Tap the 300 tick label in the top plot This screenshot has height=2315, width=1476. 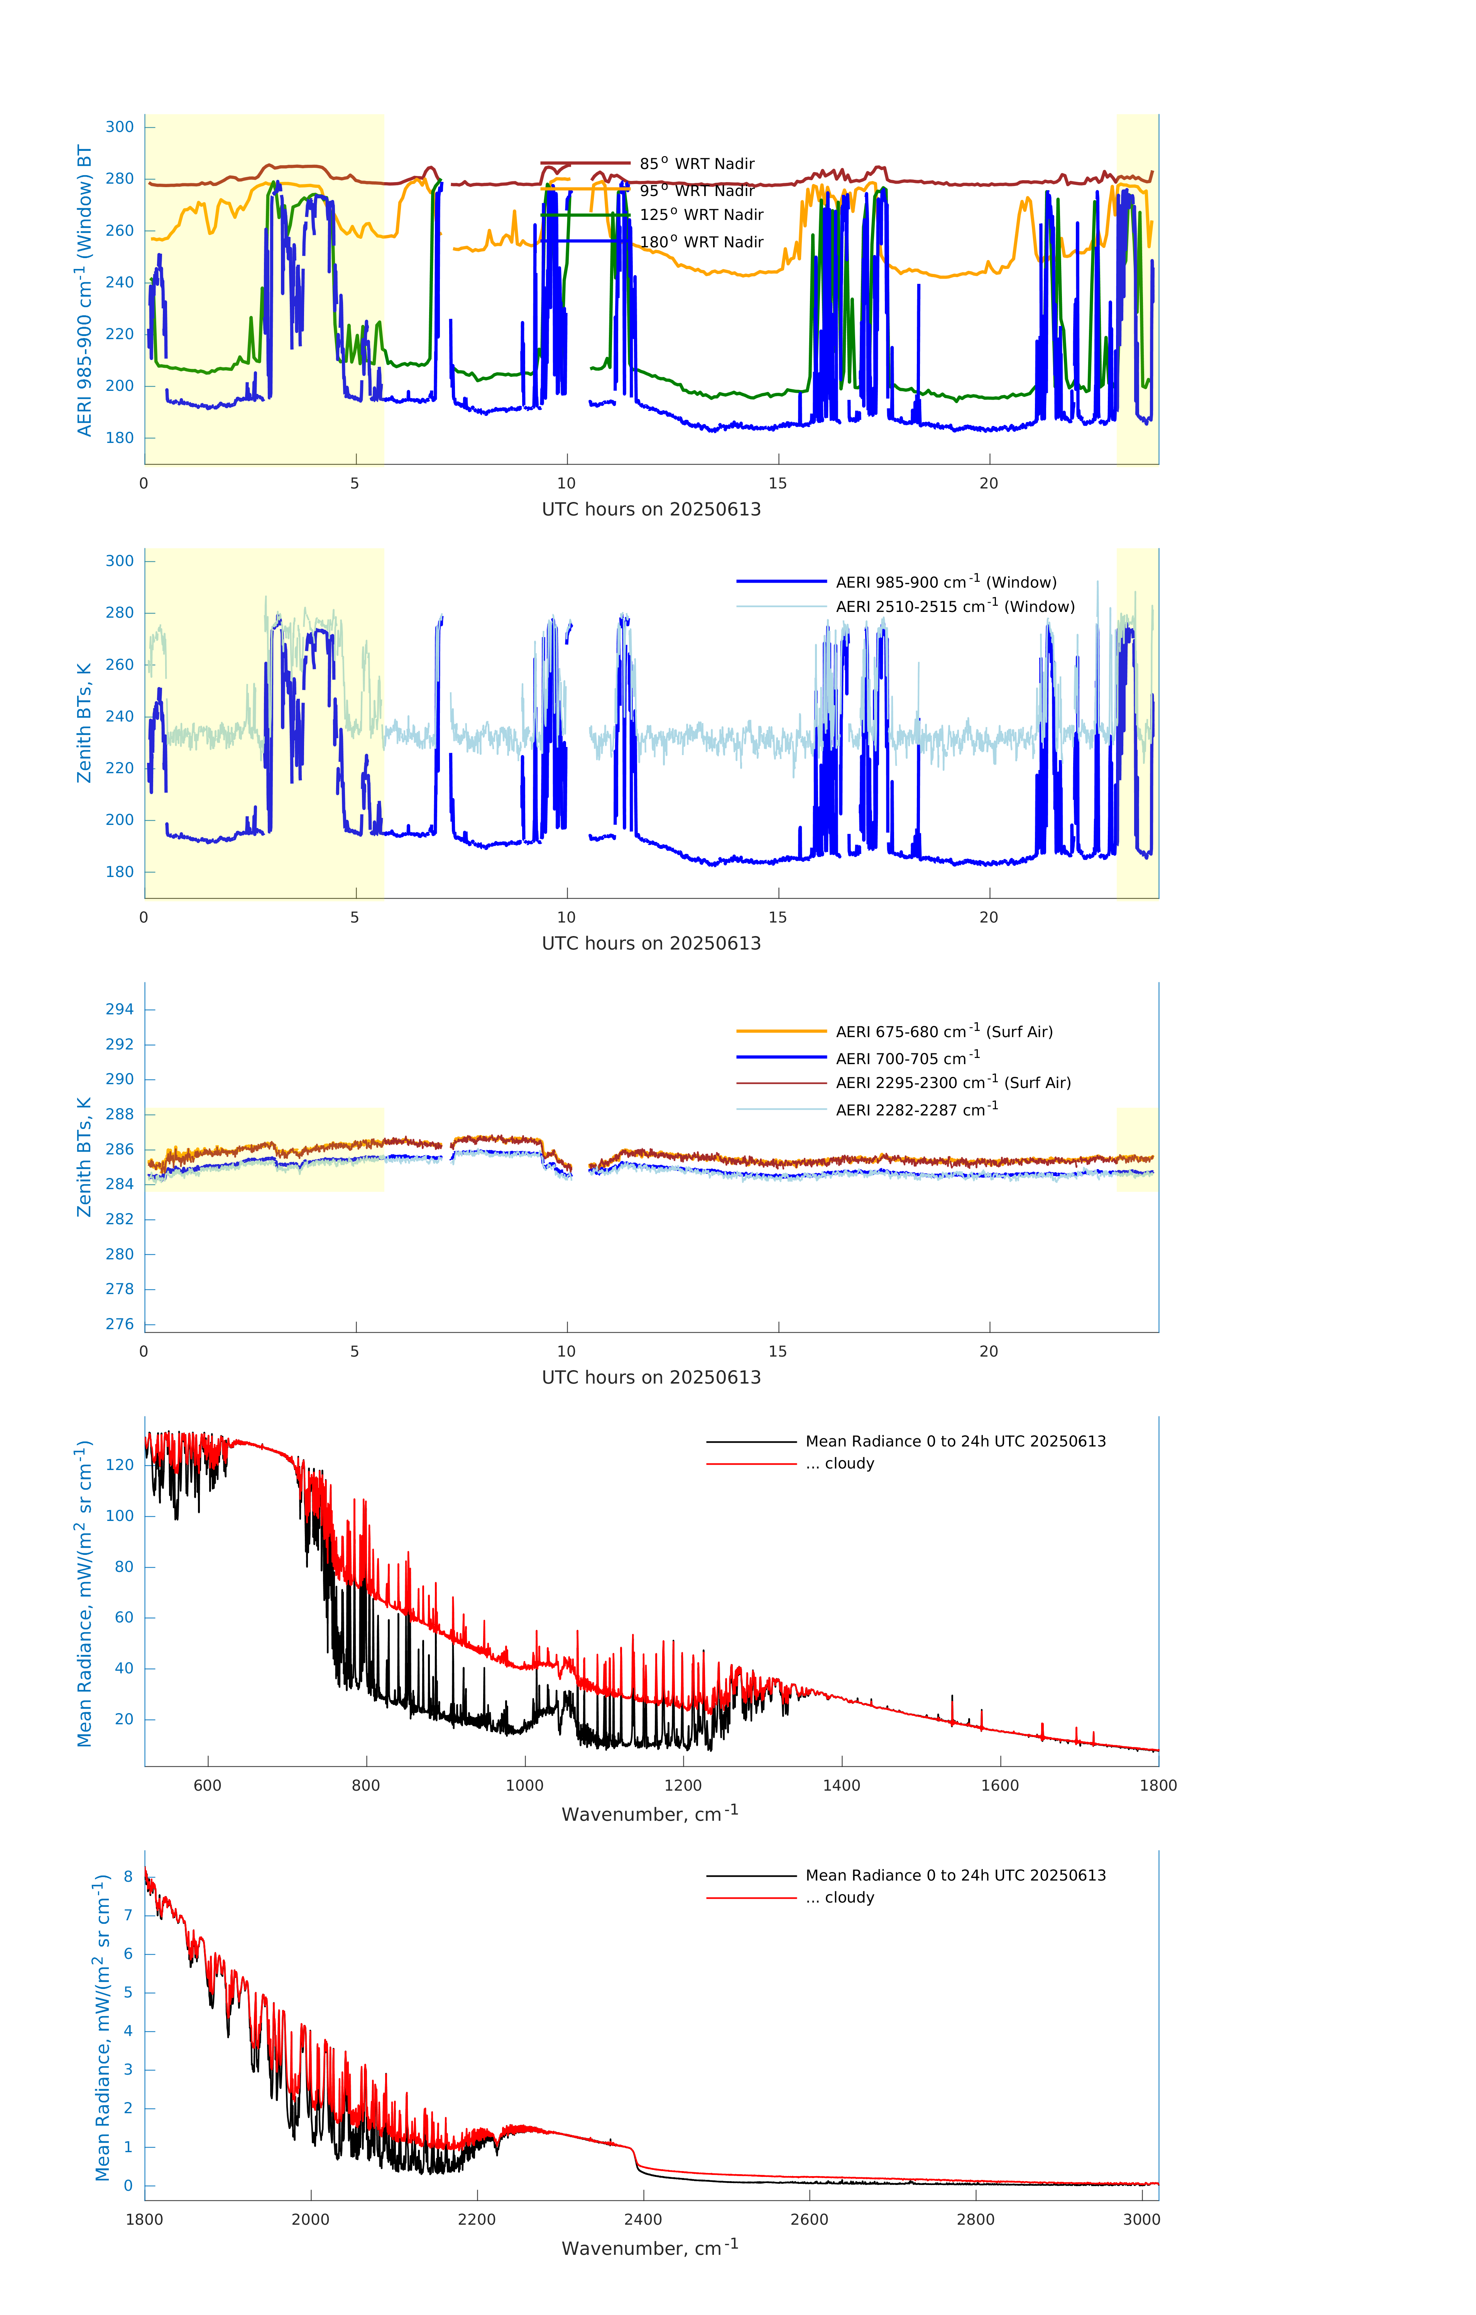pyautogui.click(x=120, y=127)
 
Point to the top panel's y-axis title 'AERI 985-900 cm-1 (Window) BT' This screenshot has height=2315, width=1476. pyautogui.click(x=85, y=290)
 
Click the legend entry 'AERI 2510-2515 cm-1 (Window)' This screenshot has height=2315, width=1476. pyautogui.click(x=955, y=607)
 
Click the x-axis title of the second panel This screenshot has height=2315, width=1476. pyautogui.click(x=651, y=943)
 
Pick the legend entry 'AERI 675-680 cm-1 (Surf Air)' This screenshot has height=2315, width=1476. pyautogui.click(x=943, y=1032)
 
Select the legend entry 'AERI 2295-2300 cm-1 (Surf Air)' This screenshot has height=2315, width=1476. pyautogui.click(x=953, y=1083)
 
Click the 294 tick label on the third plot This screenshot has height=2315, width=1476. pyautogui.click(x=120, y=1009)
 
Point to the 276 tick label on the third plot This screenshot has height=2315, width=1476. pyautogui.click(x=120, y=1324)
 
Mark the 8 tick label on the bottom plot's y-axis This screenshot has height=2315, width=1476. pyautogui.click(x=128, y=1877)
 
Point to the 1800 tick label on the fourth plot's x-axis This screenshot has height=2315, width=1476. pyautogui.click(x=1158, y=1785)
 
